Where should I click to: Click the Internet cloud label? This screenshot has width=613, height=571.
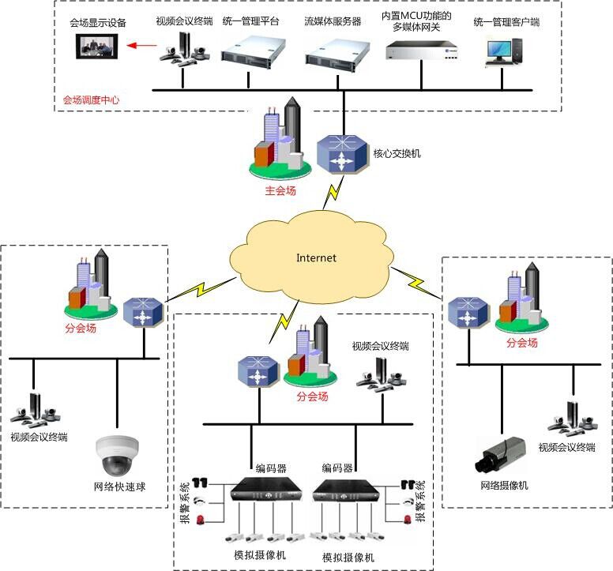tap(316, 257)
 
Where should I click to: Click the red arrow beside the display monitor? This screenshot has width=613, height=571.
tap(143, 46)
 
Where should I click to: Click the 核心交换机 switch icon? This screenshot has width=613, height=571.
tap(342, 155)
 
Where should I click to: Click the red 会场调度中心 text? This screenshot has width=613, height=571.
tap(92, 100)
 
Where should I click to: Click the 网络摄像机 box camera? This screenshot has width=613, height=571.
tap(499, 456)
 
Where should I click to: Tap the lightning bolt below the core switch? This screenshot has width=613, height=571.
tap(336, 190)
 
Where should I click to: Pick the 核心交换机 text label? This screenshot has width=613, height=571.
tap(397, 153)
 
